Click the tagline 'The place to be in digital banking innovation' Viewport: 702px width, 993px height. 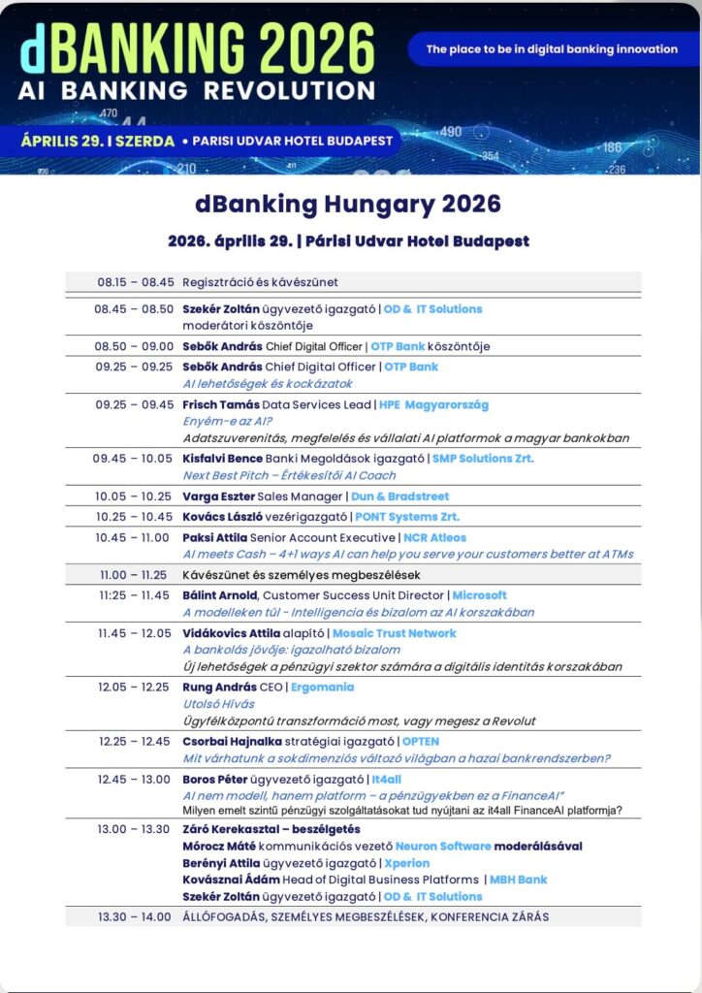552,48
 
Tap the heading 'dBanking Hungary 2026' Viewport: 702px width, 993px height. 348,205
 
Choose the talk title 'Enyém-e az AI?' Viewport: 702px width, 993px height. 227,421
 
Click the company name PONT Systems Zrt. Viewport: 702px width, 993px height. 407,517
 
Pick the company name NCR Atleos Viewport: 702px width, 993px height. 434,537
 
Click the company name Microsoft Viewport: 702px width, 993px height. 479,595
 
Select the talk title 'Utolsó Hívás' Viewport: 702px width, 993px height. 218,704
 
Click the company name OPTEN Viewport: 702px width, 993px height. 421,742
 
